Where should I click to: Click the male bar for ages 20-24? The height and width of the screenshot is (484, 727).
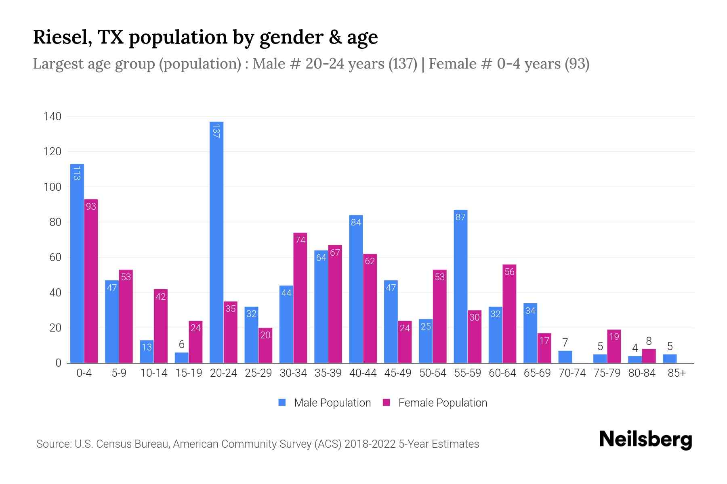[216, 242]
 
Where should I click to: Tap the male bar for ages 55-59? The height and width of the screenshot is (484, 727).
[460, 286]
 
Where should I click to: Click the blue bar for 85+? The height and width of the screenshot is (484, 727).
[670, 359]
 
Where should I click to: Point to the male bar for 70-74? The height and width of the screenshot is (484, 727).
[565, 357]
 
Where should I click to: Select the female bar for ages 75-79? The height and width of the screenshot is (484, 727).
[614, 346]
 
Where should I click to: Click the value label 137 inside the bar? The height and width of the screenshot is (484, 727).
[216, 131]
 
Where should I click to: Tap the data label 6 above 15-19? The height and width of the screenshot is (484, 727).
[182, 344]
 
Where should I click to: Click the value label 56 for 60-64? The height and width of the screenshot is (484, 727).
[509, 272]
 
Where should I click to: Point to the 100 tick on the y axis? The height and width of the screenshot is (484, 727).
[52, 187]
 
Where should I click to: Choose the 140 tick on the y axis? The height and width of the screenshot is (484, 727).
[52, 117]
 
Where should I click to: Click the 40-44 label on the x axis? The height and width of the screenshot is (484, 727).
[363, 373]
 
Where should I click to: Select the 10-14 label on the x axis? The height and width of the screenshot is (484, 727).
[153, 373]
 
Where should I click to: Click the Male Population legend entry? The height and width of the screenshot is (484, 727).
[325, 403]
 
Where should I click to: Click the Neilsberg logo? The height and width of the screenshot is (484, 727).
[645, 439]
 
